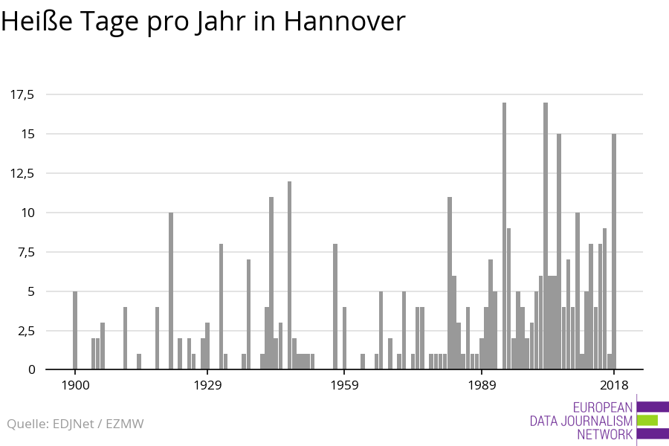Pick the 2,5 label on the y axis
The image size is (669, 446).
pos(26,330)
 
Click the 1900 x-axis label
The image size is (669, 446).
pos(75,384)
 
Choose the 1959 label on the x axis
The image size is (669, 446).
pos(345,384)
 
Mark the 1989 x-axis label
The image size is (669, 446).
pos(482,384)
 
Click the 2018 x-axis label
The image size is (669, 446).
pos(614,384)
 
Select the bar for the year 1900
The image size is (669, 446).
pos(75,330)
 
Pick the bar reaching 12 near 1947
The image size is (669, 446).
pos(289,275)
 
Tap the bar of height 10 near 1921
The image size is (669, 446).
pos(171,291)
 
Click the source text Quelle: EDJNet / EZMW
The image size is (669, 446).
pos(75,424)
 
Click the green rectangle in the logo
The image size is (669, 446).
pos(647,420)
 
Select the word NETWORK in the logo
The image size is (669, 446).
pos(604,434)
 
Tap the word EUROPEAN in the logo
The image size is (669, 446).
pos(603,407)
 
